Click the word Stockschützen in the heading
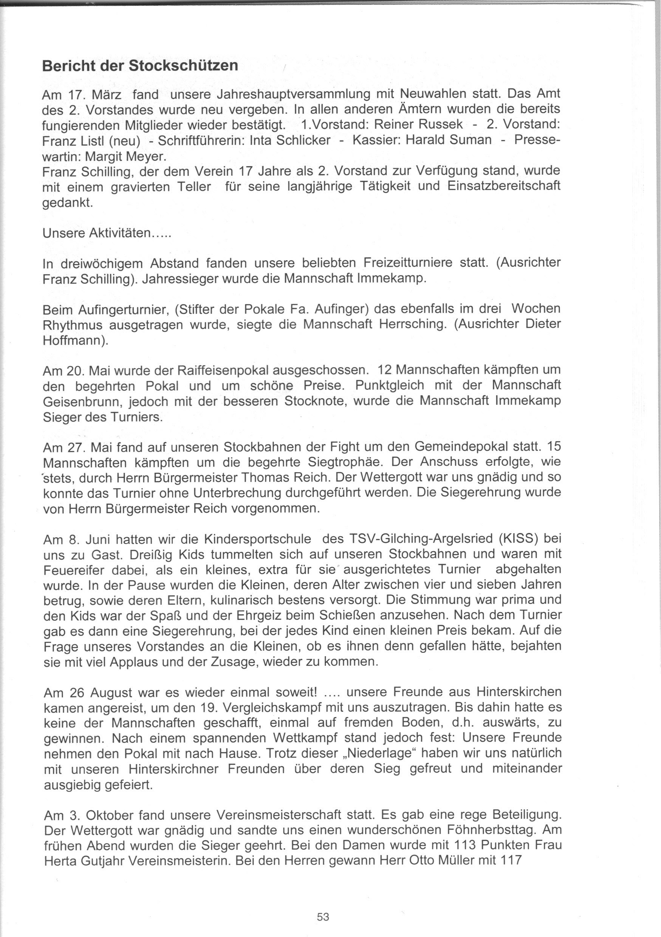tap(183, 66)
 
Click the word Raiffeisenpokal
tap(223, 370)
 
